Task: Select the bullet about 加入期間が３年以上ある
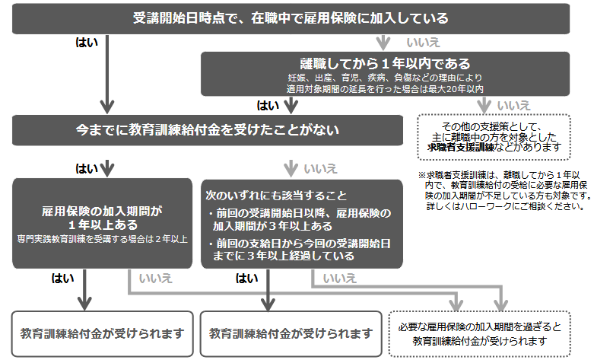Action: coord(300,220)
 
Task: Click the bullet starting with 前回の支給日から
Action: coord(300,250)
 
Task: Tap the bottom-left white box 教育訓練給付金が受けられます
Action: coord(103,333)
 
